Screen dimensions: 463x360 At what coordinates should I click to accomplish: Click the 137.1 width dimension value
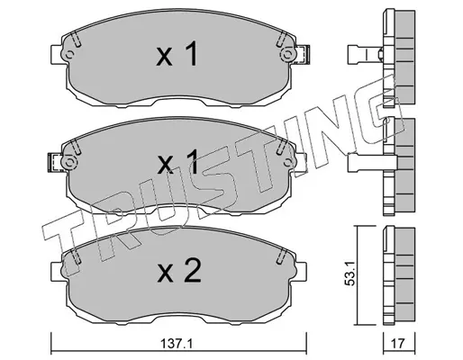tap(177, 344)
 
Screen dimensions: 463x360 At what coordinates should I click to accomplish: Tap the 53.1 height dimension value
tap(350, 273)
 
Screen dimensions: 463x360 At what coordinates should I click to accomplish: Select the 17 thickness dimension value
tap(398, 344)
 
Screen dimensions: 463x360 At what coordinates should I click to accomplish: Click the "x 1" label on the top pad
tap(177, 54)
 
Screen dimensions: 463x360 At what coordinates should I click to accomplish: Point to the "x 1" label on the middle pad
tap(177, 162)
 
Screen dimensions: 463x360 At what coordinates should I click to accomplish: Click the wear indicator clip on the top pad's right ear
tap(304, 55)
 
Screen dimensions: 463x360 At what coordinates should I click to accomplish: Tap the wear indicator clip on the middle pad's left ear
tap(55, 162)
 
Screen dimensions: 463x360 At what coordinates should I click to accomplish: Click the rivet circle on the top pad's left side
tap(69, 55)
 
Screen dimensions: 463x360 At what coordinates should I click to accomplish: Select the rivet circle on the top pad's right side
tap(287, 55)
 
